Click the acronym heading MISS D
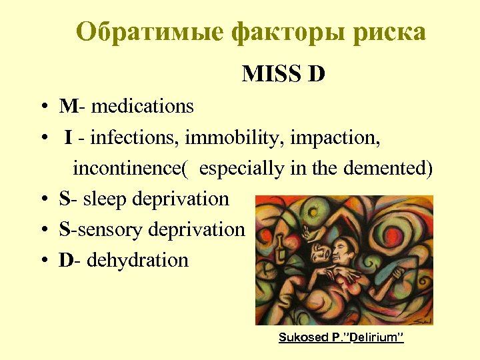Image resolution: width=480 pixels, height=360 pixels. pyautogui.click(x=283, y=74)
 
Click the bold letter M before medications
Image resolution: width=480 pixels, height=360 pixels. pyautogui.click(x=67, y=106)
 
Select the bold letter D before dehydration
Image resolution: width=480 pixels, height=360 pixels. pyautogui.click(x=65, y=260)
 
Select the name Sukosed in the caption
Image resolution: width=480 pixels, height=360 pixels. pyautogui.click(x=301, y=338)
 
